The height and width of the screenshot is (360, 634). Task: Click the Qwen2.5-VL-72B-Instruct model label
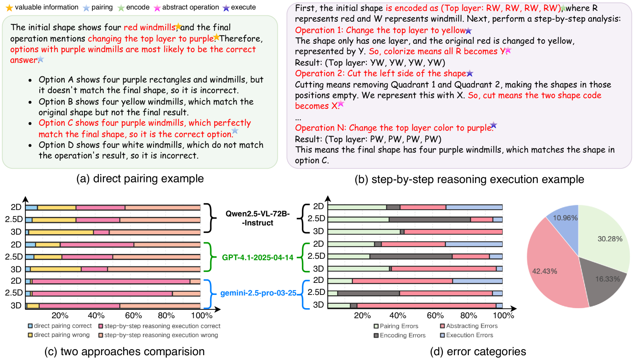(258, 218)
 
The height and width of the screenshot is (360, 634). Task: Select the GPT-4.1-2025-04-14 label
(258, 258)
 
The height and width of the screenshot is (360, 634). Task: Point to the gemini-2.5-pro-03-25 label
(258, 293)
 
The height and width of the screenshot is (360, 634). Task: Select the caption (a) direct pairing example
(140, 178)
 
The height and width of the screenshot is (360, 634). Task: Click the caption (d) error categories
(478, 352)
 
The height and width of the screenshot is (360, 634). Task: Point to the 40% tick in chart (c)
(96, 315)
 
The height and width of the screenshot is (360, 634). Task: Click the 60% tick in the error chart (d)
(435, 315)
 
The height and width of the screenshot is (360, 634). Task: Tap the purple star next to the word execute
(226, 8)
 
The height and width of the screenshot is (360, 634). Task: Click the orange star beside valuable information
(9, 8)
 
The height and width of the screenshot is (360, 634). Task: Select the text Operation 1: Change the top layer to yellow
(380, 30)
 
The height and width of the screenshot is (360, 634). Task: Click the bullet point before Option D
(30, 145)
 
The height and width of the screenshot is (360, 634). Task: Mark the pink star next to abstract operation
(157, 8)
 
